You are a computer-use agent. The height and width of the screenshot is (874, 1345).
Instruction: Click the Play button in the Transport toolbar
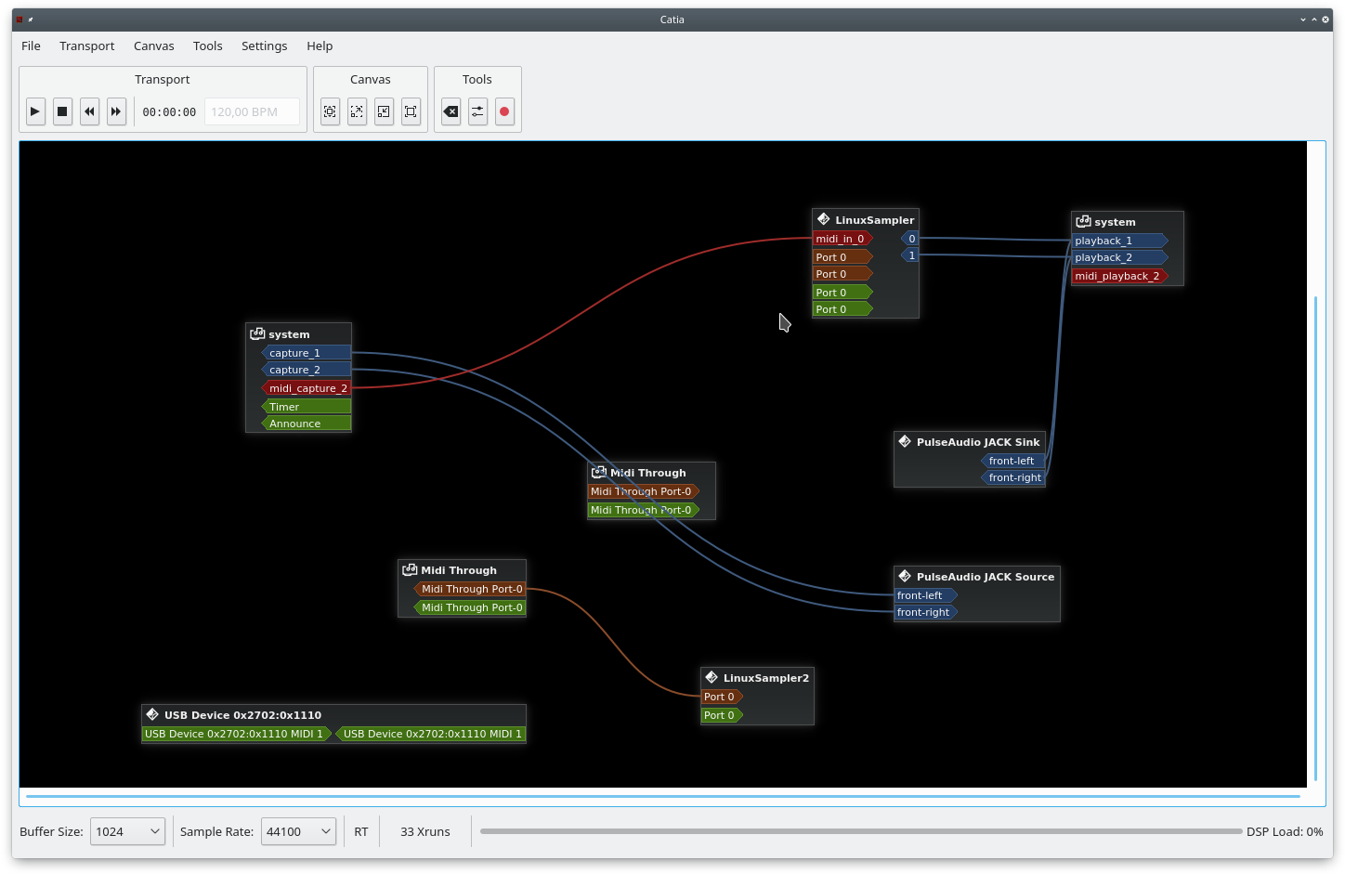click(x=35, y=111)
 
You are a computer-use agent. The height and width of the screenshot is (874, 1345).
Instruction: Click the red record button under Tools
click(x=504, y=111)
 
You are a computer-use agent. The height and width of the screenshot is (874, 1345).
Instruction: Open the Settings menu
click(x=264, y=46)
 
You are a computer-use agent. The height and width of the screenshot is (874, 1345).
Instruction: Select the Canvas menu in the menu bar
click(x=153, y=46)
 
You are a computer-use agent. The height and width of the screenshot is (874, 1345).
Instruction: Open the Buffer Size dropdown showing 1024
click(x=127, y=831)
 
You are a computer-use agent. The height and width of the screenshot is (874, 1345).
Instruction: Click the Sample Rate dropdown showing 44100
click(x=298, y=831)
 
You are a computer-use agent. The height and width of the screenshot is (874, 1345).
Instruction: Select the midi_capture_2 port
click(x=307, y=388)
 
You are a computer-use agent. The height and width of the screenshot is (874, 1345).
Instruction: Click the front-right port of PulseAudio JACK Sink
click(x=1013, y=477)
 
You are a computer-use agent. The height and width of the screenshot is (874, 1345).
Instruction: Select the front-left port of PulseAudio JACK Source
click(x=925, y=595)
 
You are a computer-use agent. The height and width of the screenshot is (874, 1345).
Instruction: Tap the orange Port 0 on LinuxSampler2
click(x=722, y=697)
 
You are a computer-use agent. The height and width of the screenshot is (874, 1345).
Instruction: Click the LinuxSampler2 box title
click(x=765, y=678)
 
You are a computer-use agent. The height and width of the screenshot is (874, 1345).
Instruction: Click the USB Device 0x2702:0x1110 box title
click(x=242, y=715)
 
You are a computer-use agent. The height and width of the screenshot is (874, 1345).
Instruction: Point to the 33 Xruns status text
click(x=425, y=831)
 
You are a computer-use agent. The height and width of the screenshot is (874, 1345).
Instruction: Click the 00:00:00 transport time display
click(x=169, y=112)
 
